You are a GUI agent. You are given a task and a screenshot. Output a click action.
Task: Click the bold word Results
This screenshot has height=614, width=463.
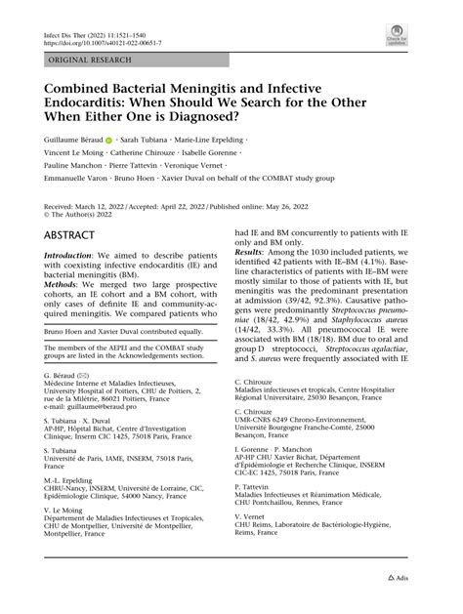[254, 279]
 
